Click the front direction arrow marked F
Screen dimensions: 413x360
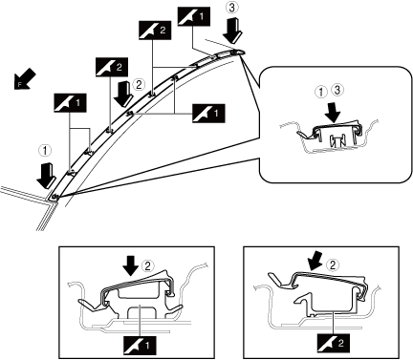point(25,78)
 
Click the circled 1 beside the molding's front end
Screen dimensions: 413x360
point(45,150)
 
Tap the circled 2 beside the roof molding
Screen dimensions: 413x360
point(139,84)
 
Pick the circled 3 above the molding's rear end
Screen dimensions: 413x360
point(232,7)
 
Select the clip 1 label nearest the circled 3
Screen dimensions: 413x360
point(193,16)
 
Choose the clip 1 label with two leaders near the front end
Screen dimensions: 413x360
point(70,102)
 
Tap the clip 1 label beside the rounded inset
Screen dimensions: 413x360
point(208,113)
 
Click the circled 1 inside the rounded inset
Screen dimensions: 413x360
point(322,92)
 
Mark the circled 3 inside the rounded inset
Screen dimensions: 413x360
point(337,91)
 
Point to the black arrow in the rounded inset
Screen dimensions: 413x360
point(333,112)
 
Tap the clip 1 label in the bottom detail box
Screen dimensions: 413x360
point(140,345)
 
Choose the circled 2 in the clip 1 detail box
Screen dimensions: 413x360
point(147,265)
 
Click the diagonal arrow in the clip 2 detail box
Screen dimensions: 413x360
point(316,261)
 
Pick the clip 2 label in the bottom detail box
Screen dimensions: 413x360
point(334,343)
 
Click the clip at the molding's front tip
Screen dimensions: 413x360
point(54,198)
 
